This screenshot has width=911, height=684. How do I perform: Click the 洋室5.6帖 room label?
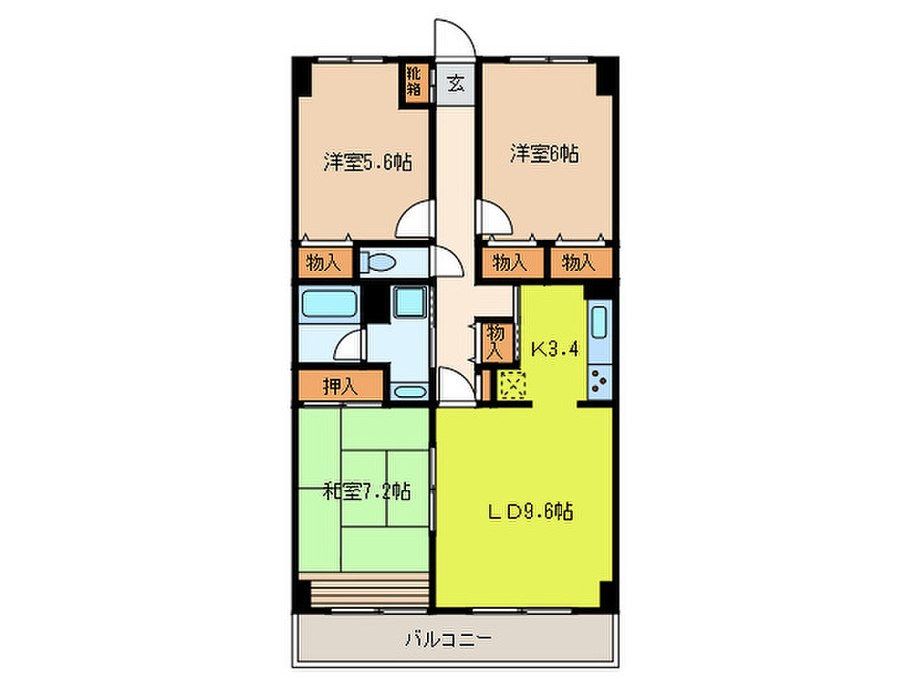[367, 162]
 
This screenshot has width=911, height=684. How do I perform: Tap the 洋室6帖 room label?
[544, 154]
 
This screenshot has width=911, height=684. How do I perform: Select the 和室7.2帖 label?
[367, 492]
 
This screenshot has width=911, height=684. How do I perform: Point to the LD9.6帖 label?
[530, 511]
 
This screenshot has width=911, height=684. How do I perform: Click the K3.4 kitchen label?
[555, 349]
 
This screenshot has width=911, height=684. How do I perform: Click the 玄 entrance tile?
[455, 85]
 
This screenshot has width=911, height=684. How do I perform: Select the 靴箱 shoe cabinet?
[413, 85]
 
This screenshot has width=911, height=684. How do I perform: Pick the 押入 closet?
[340, 386]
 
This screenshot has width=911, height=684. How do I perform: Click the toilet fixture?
[377, 262]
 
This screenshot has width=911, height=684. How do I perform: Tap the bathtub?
[329, 304]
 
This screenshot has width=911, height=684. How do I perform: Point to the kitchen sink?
[599, 322]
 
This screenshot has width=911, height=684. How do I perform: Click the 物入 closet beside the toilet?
[325, 263]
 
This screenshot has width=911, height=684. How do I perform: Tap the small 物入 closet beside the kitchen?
[495, 342]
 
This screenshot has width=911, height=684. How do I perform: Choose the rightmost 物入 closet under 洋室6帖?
[581, 263]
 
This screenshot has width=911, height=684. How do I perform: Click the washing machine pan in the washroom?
[410, 302]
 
